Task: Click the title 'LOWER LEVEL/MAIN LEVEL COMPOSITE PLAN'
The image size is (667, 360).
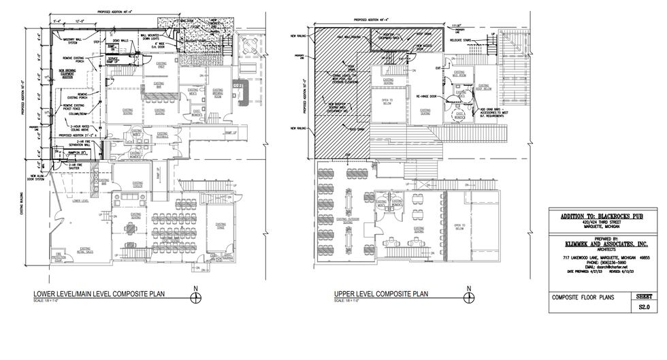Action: click(x=100, y=294)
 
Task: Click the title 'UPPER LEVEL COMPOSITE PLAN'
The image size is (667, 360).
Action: click(x=380, y=294)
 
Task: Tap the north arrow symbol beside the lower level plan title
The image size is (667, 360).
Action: click(x=196, y=296)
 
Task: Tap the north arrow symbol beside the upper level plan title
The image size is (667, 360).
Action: click(x=468, y=296)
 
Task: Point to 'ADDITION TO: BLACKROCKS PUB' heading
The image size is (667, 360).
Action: click(x=600, y=216)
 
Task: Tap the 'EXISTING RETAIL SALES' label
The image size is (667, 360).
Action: click(x=85, y=250)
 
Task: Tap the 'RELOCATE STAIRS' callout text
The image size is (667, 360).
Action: click(x=461, y=40)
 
